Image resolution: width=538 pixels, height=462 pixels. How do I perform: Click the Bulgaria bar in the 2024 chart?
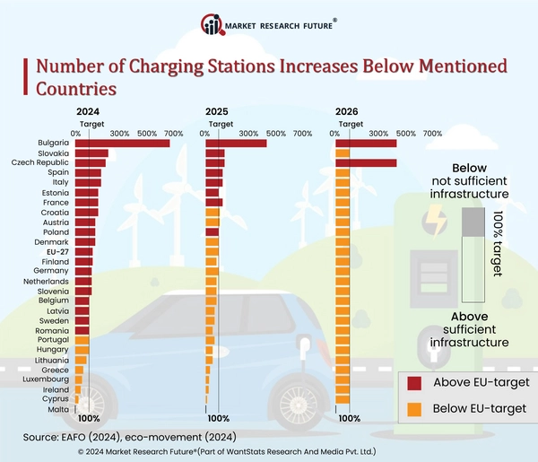click(x=122, y=144)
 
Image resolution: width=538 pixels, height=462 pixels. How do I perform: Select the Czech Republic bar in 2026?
click(x=365, y=162)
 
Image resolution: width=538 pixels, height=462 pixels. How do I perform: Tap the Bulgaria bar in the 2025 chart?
click(x=236, y=144)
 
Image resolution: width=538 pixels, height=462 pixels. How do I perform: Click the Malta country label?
click(x=60, y=409)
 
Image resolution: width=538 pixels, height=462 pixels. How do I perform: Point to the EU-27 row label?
click(x=57, y=251)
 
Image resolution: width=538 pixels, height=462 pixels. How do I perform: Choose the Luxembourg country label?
click(x=51, y=379)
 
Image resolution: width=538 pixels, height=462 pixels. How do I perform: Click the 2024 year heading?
click(x=88, y=112)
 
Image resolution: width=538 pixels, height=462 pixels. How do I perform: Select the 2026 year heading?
click(x=347, y=112)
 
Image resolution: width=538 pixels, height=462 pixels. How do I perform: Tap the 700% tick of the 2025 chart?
click(x=303, y=134)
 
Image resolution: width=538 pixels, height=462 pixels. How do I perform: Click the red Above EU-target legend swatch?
click(x=414, y=382)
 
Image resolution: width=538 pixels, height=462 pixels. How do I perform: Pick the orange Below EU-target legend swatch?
click(x=414, y=409)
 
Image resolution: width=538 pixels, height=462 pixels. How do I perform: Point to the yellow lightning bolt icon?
click(x=437, y=218)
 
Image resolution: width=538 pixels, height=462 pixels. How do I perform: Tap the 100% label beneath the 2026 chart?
click(x=349, y=418)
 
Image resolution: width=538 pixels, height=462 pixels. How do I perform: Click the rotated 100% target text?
click(x=498, y=242)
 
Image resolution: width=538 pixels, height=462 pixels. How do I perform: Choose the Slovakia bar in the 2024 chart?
click(x=91, y=153)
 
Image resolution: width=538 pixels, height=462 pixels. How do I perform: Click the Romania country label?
click(x=54, y=330)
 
